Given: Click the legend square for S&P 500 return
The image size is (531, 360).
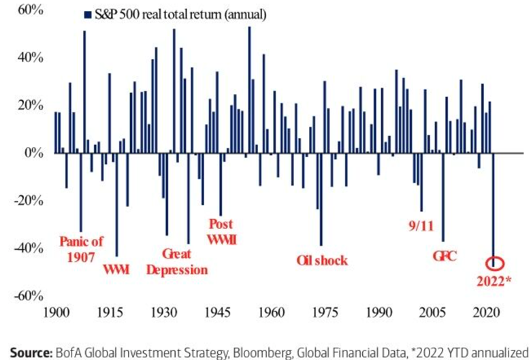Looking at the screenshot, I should coord(87,14).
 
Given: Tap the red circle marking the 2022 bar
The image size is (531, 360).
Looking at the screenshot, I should coord(494,263).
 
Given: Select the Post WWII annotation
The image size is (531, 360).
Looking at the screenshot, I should coord(220,231).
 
